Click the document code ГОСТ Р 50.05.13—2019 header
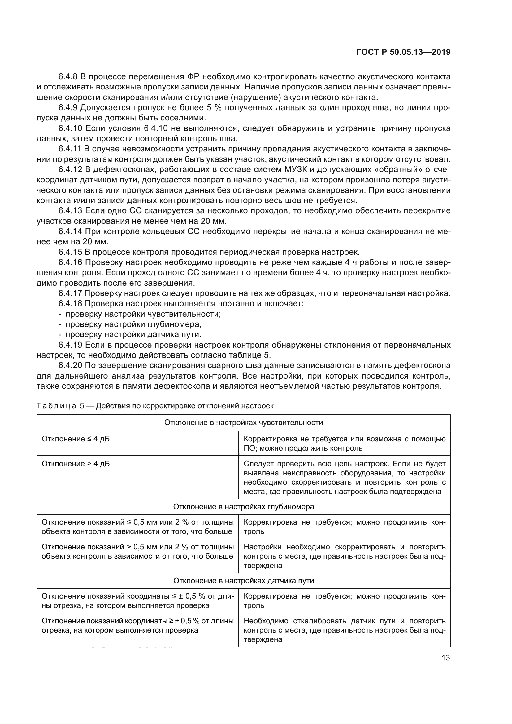pos(403,52)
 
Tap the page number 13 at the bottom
pos(446,657)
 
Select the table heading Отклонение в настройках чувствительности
pos(243,423)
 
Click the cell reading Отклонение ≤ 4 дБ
pos(76,439)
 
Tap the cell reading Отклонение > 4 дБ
pos(76,464)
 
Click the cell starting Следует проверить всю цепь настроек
pos(344,477)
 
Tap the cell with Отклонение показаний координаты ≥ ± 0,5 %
pos(137,625)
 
